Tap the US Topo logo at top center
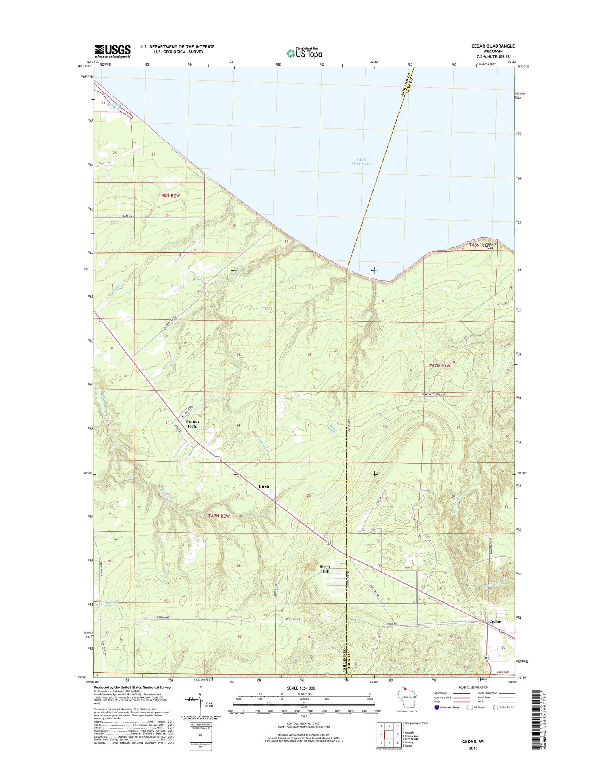(x=304, y=53)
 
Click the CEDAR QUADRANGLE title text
(x=492, y=46)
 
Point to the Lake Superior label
(x=361, y=162)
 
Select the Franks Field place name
(x=192, y=424)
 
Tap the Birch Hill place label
(x=324, y=569)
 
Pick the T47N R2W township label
(x=219, y=516)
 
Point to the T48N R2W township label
(x=169, y=195)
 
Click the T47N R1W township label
(x=440, y=366)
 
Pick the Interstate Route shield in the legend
(x=436, y=708)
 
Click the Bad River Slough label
(x=115, y=106)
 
